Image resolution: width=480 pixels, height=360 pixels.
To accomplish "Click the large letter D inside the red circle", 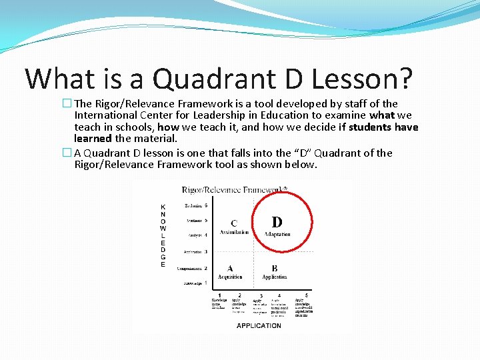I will (277, 222).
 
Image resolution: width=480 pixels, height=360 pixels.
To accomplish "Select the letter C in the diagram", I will (234, 223).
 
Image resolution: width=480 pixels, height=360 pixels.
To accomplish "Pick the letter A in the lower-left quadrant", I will (230, 268).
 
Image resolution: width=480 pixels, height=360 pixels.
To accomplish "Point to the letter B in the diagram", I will (275, 268).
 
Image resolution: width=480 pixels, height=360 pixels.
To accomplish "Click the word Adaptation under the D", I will (277, 234).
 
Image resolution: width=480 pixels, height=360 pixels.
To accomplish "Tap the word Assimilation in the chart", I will (234, 233).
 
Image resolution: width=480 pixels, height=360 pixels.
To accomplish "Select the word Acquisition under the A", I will (230, 277).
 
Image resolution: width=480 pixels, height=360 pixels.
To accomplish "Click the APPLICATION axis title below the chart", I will (259, 325).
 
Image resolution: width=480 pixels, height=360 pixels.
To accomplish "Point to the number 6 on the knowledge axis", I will (206, 205).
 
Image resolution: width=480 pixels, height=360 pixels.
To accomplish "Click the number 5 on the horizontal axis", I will (306, 295).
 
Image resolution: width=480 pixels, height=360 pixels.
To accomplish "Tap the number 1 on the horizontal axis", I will (219, 295).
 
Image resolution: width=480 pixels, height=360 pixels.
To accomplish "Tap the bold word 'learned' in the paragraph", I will (93, 139).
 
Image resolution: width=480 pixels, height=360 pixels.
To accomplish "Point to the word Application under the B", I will (275, 277).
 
